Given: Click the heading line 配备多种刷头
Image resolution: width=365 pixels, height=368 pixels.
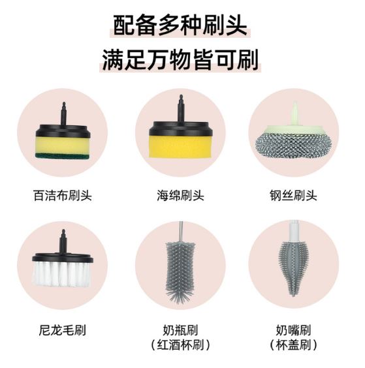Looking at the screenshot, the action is coord(180,25).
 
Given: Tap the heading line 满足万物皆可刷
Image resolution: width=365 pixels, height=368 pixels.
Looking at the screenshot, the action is coord(180,59).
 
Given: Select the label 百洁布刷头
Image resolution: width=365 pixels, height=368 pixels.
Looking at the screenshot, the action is coord(63,196).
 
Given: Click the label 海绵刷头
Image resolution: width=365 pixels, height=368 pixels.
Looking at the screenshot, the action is coord(180,196).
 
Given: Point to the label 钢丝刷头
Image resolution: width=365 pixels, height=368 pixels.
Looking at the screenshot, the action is coord(293,196).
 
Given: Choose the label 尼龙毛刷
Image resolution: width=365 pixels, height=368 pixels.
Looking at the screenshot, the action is coord(63,330).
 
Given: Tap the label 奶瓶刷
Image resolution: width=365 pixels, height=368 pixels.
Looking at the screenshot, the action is coord(180,330).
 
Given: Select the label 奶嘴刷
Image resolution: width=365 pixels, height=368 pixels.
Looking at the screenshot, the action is coord(293,330).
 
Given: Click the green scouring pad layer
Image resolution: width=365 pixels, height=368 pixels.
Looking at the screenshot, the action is coord(63,155).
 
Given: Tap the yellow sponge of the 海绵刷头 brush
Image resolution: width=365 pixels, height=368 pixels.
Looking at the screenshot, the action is coord(180,147).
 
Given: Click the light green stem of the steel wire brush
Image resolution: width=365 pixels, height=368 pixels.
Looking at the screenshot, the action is coord(295,113).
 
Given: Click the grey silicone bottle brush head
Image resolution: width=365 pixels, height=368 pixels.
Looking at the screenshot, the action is coord(180,271).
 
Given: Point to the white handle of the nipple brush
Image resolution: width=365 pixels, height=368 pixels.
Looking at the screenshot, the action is coord(294,230).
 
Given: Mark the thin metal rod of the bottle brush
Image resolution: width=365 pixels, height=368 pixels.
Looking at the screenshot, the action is coord(181,232).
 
